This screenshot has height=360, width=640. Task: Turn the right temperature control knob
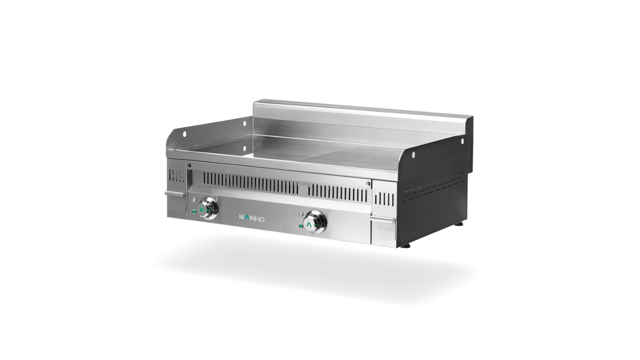click(x=315, y=222)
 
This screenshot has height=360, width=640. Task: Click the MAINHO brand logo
click(x=251, y=218)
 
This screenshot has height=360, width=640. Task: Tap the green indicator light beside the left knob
click(x=194, y=211)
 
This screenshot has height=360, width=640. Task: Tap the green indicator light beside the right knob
click(x=300, y=226)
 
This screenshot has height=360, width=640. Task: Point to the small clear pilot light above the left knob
click(x=194, y=199)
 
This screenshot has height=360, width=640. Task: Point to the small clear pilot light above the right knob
click(x=300, y=213)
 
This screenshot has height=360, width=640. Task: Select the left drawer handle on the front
click(x=175, y=193)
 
